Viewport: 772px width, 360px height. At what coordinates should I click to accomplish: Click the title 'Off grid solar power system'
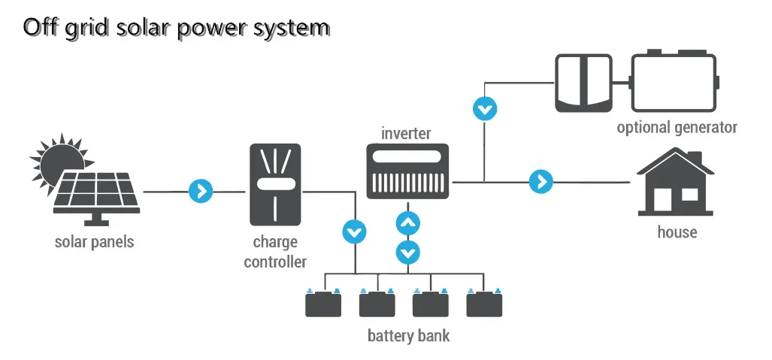tap(177, 27)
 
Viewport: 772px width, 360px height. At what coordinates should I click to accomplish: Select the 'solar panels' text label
tap(94, 243)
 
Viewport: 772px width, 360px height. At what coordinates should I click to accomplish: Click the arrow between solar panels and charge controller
tap(201, 192)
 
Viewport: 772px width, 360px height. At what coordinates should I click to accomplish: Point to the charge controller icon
tap(275, 185)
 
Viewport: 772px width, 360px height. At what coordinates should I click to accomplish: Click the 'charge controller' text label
tap(275, 253)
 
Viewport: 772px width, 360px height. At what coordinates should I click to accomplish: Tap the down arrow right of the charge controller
tap(354, 231)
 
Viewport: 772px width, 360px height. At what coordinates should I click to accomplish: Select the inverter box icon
tap(407, 171)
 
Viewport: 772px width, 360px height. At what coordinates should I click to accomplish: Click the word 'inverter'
tap(406, 134)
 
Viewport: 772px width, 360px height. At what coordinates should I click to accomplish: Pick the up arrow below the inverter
tap(408, 223)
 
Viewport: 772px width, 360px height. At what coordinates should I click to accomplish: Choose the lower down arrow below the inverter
tap(408, 252)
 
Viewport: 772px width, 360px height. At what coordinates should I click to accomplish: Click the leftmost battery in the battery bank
tap(323, 304)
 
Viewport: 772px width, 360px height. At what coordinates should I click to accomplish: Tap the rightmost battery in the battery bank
tap(484, 304)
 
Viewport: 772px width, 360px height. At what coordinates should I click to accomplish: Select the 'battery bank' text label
tap(408, 335)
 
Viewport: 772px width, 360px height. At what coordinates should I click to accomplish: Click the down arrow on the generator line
tap(485, 109)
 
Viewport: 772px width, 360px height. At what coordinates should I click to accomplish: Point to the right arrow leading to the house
tap(540, 182)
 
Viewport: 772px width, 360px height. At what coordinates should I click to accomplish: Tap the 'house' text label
tap(677, 231)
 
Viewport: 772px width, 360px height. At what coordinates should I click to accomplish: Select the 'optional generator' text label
tap(677, 128)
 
